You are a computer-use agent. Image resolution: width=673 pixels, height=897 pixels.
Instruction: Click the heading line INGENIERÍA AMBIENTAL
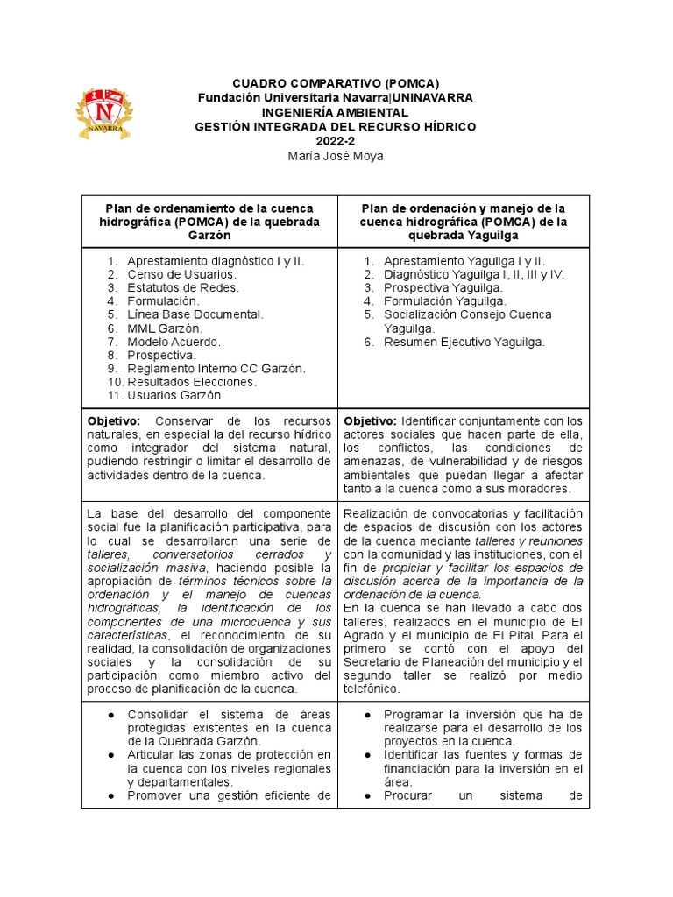(335, 113)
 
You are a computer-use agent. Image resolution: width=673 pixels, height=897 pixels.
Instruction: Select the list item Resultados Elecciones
(192, 382)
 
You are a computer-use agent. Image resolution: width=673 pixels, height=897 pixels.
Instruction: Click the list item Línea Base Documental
(195, 314)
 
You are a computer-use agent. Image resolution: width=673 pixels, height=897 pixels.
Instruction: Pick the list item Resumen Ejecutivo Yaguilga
(464, 342)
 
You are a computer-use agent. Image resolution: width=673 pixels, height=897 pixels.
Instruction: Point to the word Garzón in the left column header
(209, 236)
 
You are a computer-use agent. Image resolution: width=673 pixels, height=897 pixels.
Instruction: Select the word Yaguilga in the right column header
(487, 236)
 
